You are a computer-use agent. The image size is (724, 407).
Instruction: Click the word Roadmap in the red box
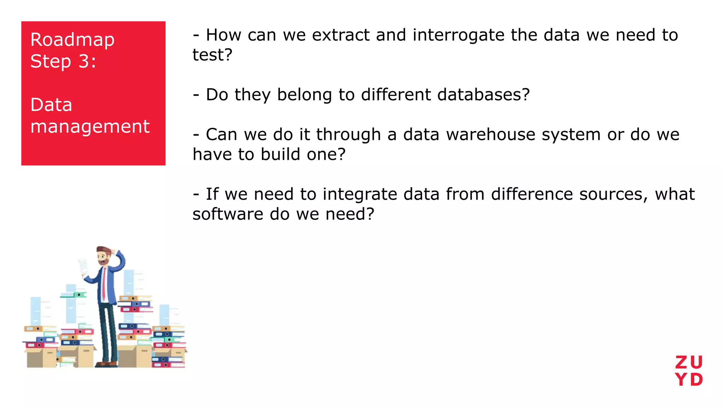point(72,40)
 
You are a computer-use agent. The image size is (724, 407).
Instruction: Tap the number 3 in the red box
point(84,61)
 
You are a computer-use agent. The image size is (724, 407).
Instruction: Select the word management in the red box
point(90,126)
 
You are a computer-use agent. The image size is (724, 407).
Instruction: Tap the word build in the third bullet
point(281,154)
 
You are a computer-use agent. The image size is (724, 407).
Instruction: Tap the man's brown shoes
point(106,364)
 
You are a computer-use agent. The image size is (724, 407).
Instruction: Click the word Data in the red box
point(51,105)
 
